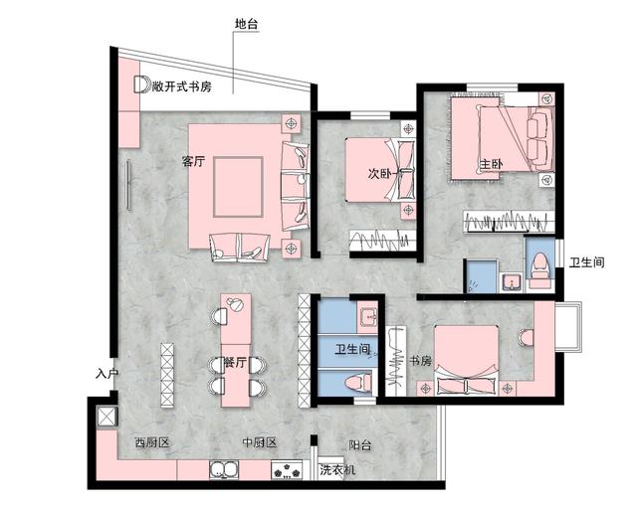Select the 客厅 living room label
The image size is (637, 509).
[x=193, y=162]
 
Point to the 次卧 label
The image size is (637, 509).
[x=380, y=174]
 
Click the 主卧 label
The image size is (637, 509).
[x=491, y=164]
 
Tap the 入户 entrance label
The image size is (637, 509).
[x=106, y=375]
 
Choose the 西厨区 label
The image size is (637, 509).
[x=149, y=441]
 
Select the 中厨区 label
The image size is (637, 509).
[x=258, y=441]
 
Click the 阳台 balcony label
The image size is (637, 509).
[x=360, y=446]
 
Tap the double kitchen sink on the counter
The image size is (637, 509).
[x=222, y=470]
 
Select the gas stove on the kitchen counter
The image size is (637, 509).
[x=288, y=470]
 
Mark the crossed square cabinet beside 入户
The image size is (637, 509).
[x=104, y=416]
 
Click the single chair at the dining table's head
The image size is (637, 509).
[x=219, y=316]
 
